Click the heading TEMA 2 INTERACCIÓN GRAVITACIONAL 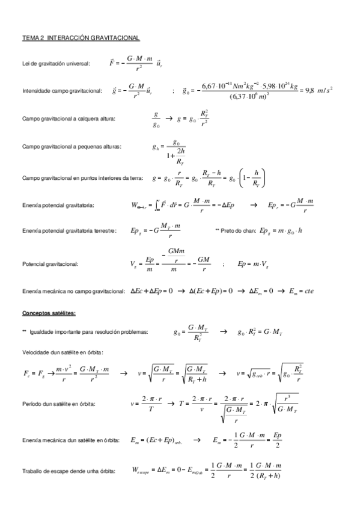pyautogui.click(x=81, y=38)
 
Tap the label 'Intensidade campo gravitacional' pyautogui.click(x=61, y=91)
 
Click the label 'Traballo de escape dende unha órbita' pyautogui.click(x=67, y=471)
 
